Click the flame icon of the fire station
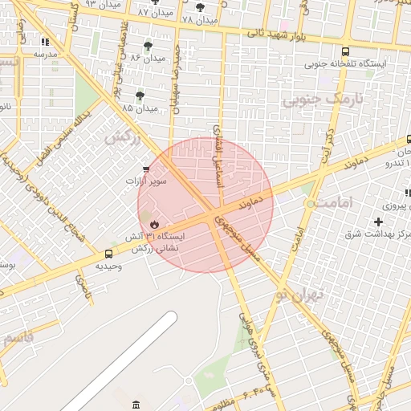tap(153, 223)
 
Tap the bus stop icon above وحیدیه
tap(109, 254)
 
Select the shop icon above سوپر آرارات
tap(145, 169)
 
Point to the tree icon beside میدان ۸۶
tap(148, 46)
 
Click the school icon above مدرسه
tap(45, 42)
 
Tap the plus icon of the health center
tap(378, 221)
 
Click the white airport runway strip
tap(120, 361)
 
